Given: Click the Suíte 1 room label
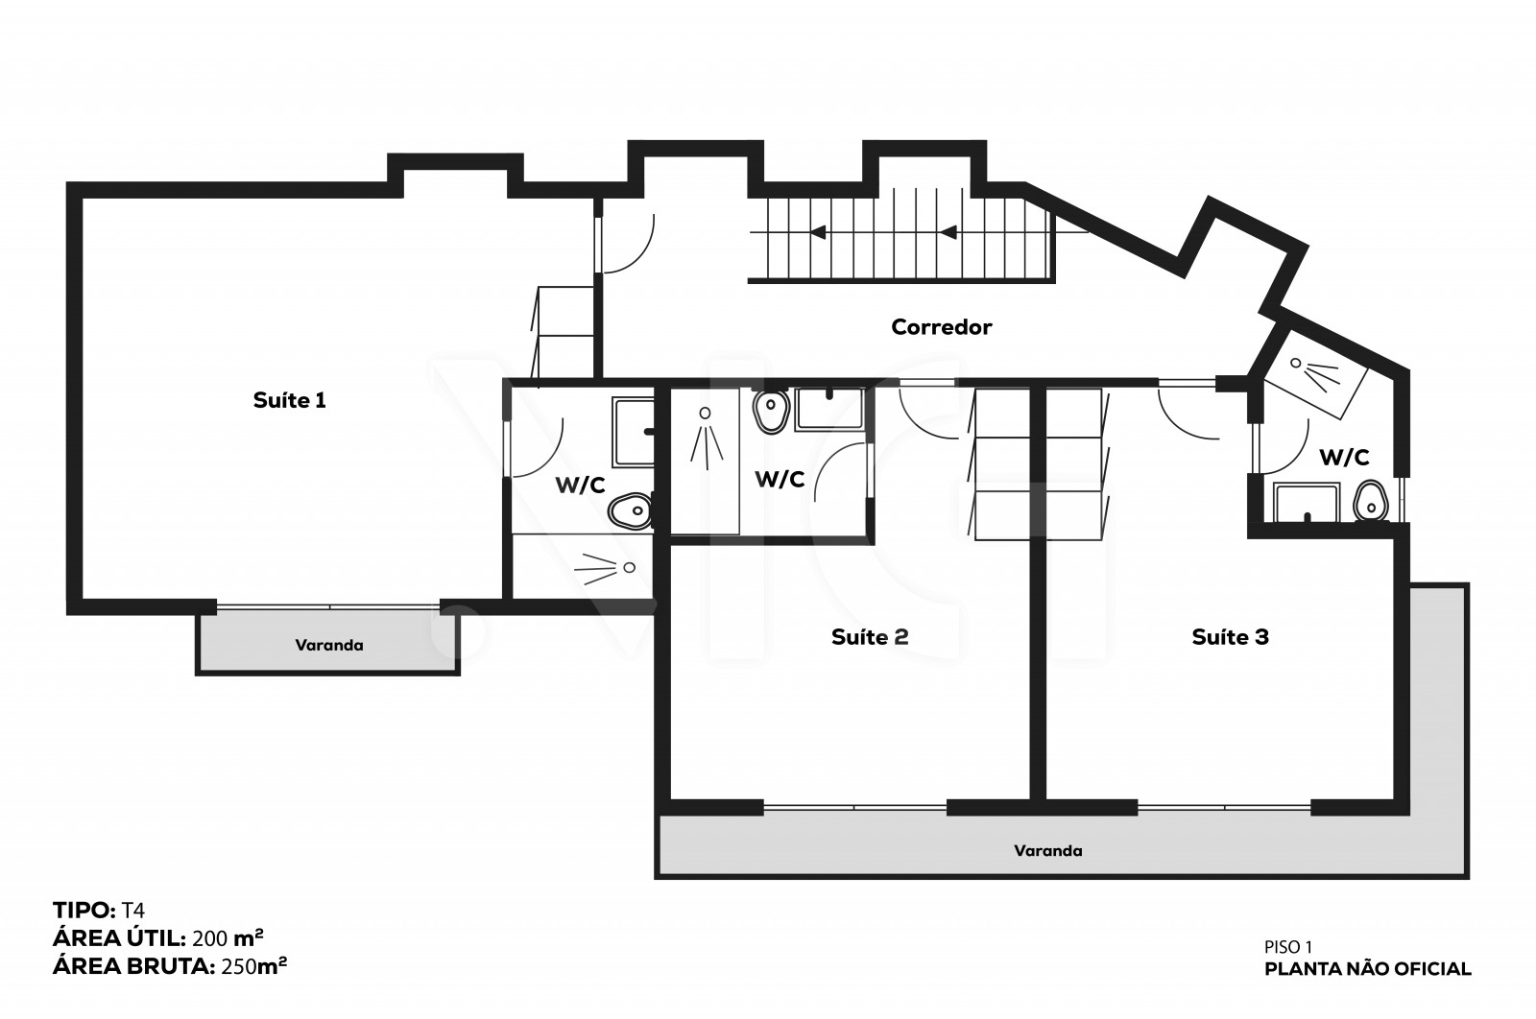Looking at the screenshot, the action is (289, 400).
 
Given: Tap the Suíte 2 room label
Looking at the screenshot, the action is (870, 637).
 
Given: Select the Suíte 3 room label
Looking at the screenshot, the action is (1230, 637).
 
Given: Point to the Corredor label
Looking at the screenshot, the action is (942, 327).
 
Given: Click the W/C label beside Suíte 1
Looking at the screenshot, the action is (580, 486).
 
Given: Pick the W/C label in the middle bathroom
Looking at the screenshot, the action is (780, 480).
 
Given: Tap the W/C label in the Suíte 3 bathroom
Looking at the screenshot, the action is (1344, 457).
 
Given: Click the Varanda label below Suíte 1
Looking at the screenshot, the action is (329, 646).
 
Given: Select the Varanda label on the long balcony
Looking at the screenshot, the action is (1047, 851).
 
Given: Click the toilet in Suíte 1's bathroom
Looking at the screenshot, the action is (630, 510).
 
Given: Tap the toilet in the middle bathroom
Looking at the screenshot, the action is (772, 411).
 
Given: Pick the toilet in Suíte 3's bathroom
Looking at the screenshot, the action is (1370, 502).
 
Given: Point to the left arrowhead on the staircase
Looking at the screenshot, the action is (817, 232).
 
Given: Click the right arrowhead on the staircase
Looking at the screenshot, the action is (948, 233).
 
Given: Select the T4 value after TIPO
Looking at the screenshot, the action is (133, 910).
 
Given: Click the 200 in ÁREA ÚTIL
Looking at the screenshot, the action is (210, 938).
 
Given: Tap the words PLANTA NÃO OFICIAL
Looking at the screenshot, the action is (1367, 969).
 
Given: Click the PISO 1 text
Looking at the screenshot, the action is (1287, 947).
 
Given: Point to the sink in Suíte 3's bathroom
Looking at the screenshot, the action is (1307, 503).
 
